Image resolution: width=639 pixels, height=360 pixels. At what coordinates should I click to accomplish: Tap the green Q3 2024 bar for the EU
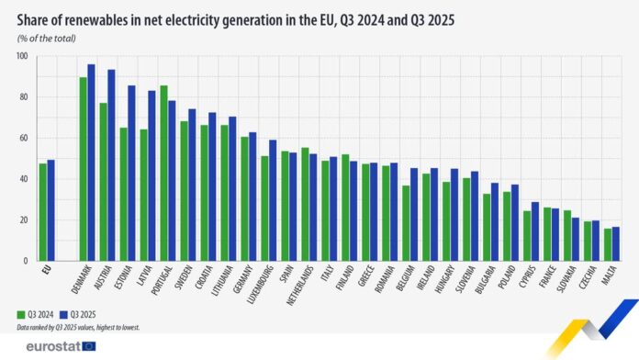(x=42, y=212)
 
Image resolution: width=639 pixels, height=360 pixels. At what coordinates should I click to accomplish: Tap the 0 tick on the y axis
(x=26, y=261)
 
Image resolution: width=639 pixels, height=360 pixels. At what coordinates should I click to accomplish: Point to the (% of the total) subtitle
(x=45, y=38)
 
